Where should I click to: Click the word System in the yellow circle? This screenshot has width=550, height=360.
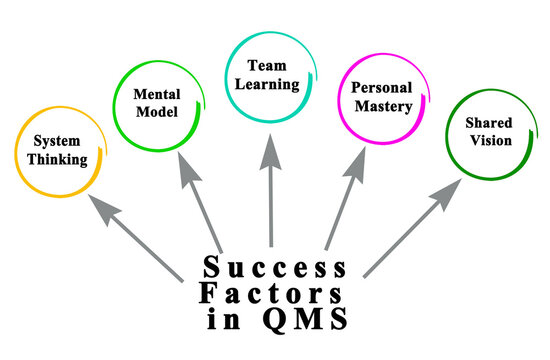point(57,141)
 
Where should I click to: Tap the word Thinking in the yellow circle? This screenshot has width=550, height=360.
point(57,158)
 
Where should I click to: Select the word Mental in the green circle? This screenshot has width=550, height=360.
point(156,93)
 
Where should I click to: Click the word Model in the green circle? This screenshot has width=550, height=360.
point(156,111)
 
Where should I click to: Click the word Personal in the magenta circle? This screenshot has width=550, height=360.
point(382,88)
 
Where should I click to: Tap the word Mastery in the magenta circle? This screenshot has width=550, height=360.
point(382,106)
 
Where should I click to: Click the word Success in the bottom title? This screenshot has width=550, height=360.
point(274,268)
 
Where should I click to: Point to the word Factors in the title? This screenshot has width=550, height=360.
point(274,295)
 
